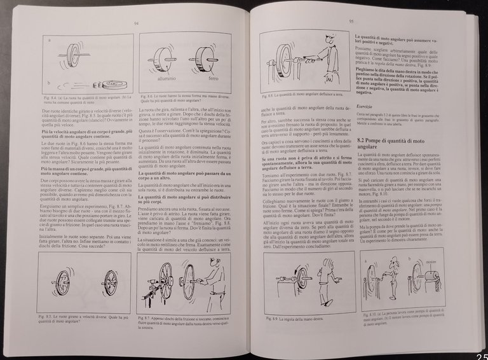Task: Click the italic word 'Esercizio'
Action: coord(364,106)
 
